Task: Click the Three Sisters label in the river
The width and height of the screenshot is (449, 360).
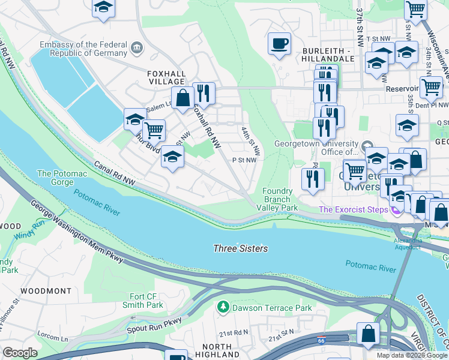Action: (241, 248)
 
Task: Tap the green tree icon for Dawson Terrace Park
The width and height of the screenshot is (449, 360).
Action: (223, 308)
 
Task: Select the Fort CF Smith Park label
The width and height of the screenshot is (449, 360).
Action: (146, 301)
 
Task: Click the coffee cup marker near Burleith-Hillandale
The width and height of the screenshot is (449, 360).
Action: (280, 44)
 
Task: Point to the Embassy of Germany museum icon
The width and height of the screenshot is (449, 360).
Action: (137, 47)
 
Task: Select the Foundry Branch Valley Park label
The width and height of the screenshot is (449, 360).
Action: (277, 199)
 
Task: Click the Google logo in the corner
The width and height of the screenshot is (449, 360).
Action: (20, 352)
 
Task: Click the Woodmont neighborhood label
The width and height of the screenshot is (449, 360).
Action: (46, 291)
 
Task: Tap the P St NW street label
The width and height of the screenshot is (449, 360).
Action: (244, 160)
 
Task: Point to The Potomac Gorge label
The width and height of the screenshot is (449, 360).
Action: (62, 178)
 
